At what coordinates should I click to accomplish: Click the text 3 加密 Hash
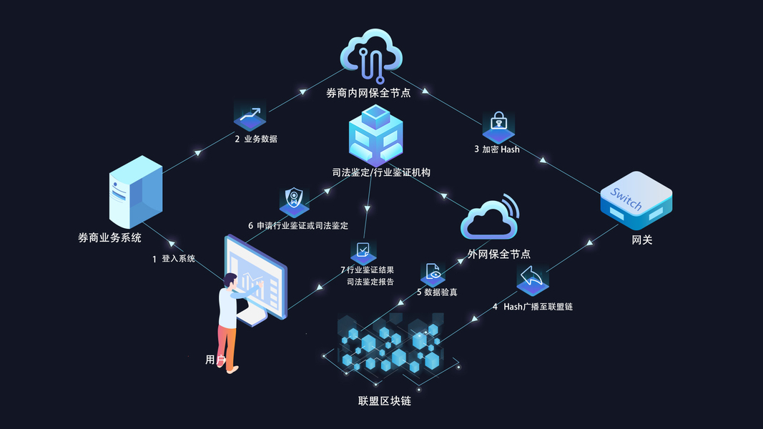pyautogui.click(x=496, y=149)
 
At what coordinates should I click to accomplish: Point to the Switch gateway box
pyautogui.click(x=636, y=202)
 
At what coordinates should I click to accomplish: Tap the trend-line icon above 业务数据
pyautogui.click(x=250, y=115)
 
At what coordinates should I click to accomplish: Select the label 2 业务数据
pyautogui.click(x=255, y=139)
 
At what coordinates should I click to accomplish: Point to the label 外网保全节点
pyautogui.click(x=498, y=254)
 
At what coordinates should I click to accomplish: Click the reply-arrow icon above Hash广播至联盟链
pyautogui.click(x=532, y=280)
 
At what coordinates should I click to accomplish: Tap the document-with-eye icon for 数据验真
pyautogui.click(x=433, y=272)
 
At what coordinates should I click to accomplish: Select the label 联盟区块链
pyautogui.click(x=384, y=401)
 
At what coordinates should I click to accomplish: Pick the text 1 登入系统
pyautogui.click(x=173, y=259)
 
